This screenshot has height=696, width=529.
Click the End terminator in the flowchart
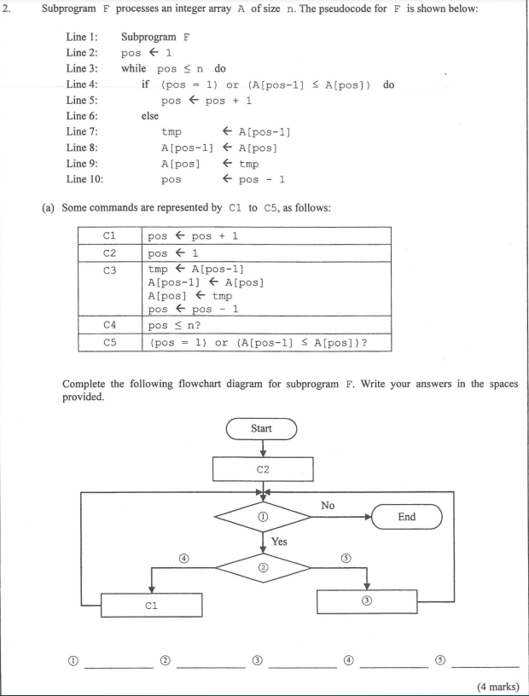[408, 517]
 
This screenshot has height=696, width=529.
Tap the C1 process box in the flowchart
[151, 605]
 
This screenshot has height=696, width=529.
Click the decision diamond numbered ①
[262, 517]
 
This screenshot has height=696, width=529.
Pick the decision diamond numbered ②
[262, 569]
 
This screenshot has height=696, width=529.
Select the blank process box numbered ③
[368, 600]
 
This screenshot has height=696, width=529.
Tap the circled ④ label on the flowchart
[184, 558]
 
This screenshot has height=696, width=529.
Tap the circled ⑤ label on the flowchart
[346, 558]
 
